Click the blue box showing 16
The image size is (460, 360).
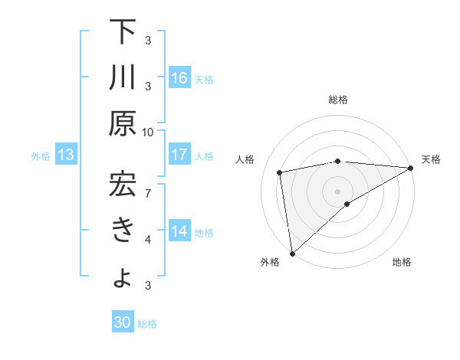(x=179, y=78)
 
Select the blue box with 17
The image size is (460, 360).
(x=179, y=155)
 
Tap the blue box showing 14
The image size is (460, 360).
(x=179, y=231)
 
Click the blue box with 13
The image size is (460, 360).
(x=66, y=155)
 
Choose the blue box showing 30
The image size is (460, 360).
(x=123, y=323)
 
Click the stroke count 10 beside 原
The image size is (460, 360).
(x=149, y=132)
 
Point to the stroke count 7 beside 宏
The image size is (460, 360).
(x=149, y=191)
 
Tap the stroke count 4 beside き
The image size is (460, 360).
(x=149, y=240)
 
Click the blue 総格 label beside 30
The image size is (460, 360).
(x=148, y=324)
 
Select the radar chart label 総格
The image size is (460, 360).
(x=338, y=100)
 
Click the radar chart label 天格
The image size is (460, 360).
(x=432, y=159)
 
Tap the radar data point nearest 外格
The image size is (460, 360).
(x=292, y=254)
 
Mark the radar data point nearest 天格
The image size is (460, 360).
(x=412, y=168)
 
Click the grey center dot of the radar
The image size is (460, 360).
(x=338, y=191)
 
